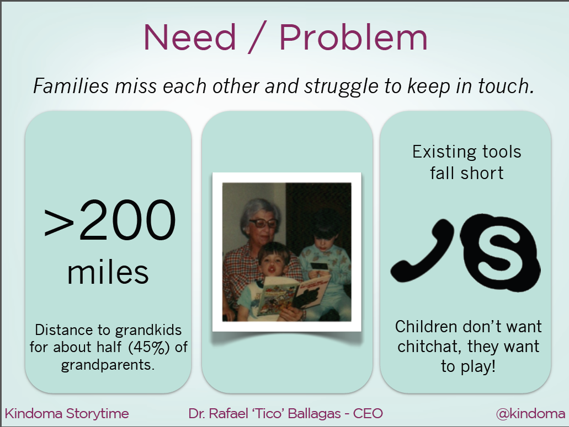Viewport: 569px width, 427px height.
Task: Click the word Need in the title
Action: point(190,37)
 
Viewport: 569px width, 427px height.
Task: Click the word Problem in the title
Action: point(353,37)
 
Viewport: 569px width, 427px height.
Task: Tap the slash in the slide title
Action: point(258,37)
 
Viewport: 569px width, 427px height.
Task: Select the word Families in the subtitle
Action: point(71,86)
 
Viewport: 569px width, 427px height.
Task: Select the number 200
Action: point(127,220)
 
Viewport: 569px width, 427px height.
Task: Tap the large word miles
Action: point(108,273)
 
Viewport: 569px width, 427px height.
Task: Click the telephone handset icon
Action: point(422,251)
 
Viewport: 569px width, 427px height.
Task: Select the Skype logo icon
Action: point(501,252)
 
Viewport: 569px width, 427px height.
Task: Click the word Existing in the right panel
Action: point(438,152)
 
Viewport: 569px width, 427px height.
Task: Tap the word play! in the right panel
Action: point(478,366)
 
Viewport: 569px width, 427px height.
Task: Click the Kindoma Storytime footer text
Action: point(67,414)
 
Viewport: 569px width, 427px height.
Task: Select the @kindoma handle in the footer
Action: point(530,414)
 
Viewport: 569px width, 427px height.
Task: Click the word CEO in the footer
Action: point(368,414)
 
